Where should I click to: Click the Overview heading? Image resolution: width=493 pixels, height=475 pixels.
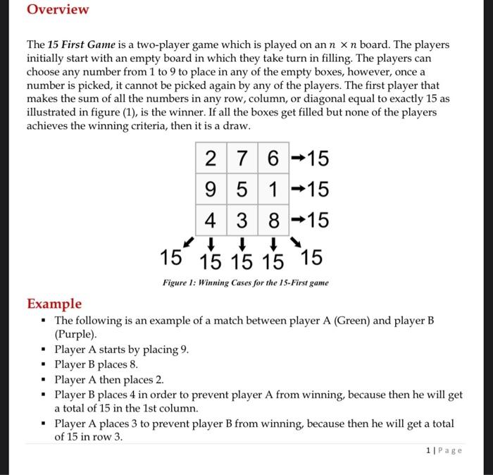[58, 10]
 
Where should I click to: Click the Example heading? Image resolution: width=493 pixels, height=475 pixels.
[54, 304]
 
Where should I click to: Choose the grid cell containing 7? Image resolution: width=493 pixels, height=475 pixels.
[242, 159]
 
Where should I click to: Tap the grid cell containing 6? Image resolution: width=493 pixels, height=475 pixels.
[273, 159]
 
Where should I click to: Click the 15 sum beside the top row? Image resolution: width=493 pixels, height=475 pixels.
[316, 159]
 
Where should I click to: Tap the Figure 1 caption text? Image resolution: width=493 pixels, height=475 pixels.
[244, 283]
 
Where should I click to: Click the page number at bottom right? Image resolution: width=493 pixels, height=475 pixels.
[444, 450]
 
